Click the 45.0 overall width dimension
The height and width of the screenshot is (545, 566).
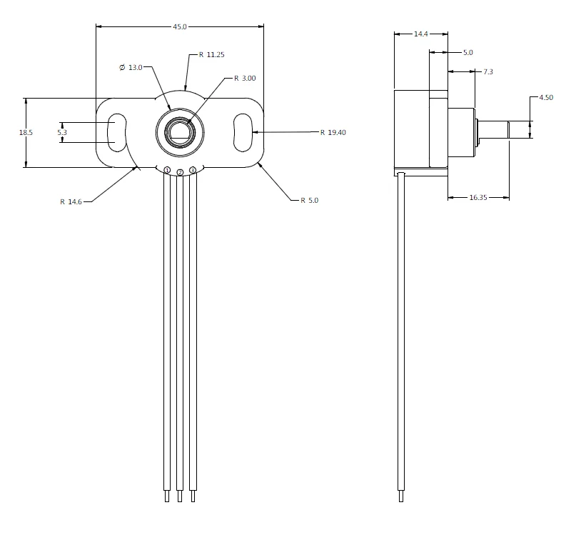click(180, 26)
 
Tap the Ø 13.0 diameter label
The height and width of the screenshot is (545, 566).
click(131, 67)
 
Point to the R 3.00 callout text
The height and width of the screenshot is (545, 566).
click(245, 78)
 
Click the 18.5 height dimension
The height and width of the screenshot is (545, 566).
click(26, 132)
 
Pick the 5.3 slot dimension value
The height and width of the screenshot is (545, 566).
click(62, 132)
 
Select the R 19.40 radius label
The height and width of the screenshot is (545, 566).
click(333, 132)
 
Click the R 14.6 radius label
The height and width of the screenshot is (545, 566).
click(71, 201)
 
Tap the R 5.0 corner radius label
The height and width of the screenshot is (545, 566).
click(309, 201)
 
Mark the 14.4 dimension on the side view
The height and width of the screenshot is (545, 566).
click(421, 34)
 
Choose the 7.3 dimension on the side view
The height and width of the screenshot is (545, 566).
click(488, 71)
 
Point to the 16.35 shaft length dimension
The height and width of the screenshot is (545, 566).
click(479, 197)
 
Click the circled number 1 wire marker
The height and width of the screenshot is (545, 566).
click(167, 170)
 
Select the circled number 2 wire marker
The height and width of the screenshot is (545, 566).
click(180, 172)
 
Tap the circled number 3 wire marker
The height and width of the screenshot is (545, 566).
click(193, 170)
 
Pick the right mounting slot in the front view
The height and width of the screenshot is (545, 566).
click(243, 132)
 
